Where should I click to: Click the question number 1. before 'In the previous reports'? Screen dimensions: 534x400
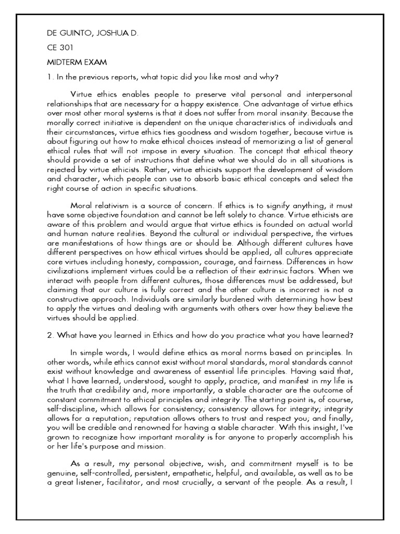point(50,77)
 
